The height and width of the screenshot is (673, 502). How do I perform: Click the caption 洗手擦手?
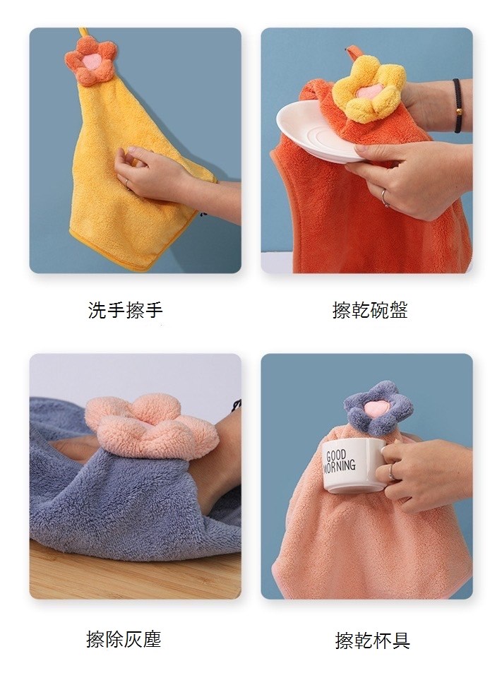click(x=125, y=310)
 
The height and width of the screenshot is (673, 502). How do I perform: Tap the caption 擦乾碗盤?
click(x=370, y=310)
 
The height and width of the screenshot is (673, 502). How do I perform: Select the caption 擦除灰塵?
click(x=124, y=639)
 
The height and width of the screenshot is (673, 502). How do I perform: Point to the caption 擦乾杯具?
click(x=372, y=641)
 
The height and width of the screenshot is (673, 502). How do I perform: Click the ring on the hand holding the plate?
click(x=385, y=198)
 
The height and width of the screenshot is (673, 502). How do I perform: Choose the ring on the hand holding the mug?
click(x=391, y=472)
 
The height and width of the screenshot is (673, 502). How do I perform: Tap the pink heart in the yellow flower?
click(x=365, y=93)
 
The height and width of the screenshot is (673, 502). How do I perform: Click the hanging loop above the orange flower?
click(x=83, y=33)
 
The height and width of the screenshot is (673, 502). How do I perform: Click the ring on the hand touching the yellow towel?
click(x=127, y=182)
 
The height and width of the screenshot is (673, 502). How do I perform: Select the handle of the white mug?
click(x=386, y=463)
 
